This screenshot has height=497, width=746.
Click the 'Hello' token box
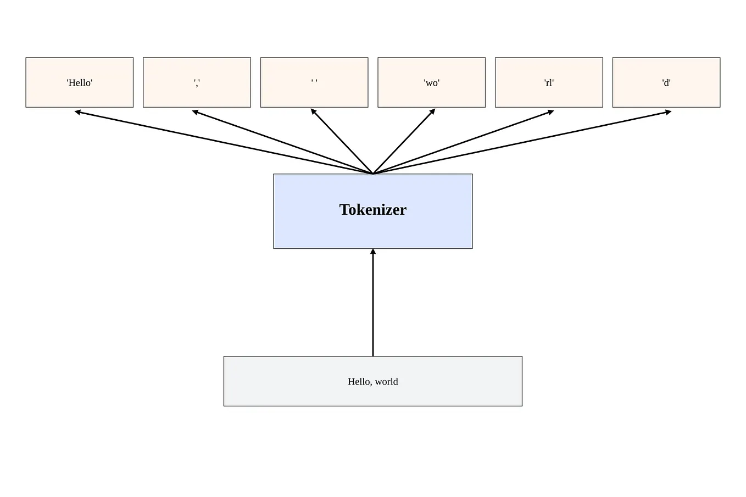coord(80,82)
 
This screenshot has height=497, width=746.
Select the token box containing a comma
coord(197,82)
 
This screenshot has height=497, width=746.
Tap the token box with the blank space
coord(314,82)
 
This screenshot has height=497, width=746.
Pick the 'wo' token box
coord(432,82)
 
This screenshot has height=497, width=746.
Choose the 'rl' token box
coord(549,82)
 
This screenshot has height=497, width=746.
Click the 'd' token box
coord(666,82)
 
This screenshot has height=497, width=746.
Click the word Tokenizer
coord(373,210)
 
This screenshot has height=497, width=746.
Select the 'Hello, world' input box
coord(373,381)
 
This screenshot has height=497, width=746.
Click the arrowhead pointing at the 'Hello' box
coord(77,112)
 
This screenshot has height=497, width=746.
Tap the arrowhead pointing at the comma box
coord(195,112)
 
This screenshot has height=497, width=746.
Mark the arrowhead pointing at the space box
coord(313,111)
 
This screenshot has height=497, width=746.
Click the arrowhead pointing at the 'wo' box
coord(433,111)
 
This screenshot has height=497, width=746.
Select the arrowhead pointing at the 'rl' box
coord(551,112)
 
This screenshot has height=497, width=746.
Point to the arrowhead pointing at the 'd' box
coord(668,112)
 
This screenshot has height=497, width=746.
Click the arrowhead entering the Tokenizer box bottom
coord(373,252)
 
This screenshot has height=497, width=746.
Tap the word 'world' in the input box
coord(387,382)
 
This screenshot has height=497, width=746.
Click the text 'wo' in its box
coord(432,83)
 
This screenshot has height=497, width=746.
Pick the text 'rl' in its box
coord(549,83)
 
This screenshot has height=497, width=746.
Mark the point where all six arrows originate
coord(373,174)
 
